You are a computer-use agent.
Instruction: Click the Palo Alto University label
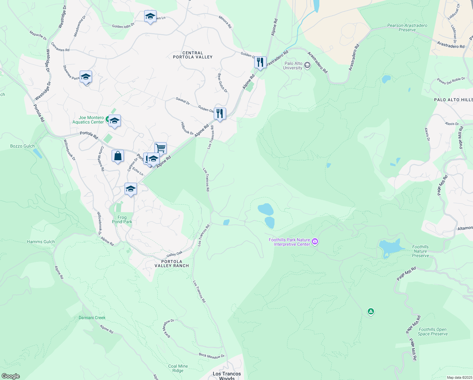click(x=292, y=66)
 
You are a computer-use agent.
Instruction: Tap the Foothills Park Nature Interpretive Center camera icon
click(x=315, y=242)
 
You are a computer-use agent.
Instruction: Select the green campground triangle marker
click(x=371, y=312)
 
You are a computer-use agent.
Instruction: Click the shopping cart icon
click(x=160, y=148)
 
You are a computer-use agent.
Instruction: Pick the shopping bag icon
click(x=118, y=156)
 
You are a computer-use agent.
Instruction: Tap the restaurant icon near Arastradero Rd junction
click(x=260, y=62)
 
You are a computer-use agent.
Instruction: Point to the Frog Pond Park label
click(x=122, y=219)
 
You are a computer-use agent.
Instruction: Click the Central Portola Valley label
click(x=193, y=55)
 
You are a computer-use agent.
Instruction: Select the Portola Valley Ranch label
click(x=171, y=263)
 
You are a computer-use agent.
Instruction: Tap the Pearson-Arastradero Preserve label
click(x=407, y=28)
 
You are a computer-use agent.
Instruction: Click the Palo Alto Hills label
click(x=453, y=100)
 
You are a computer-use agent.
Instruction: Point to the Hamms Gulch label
click(x=41, y=242)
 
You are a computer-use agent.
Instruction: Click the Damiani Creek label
click(x=92, y=318)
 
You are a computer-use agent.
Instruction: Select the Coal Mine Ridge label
click(x=178, y=368)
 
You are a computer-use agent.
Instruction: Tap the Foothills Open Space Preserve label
click(x=433, y=332)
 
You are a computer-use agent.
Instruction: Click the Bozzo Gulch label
click(x=22, y=146)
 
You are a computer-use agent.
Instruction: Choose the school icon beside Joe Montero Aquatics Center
click(x=114, y=121)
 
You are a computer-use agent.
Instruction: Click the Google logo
click(x=10, y=376)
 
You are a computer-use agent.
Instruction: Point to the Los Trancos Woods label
click(x=227, y=376)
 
